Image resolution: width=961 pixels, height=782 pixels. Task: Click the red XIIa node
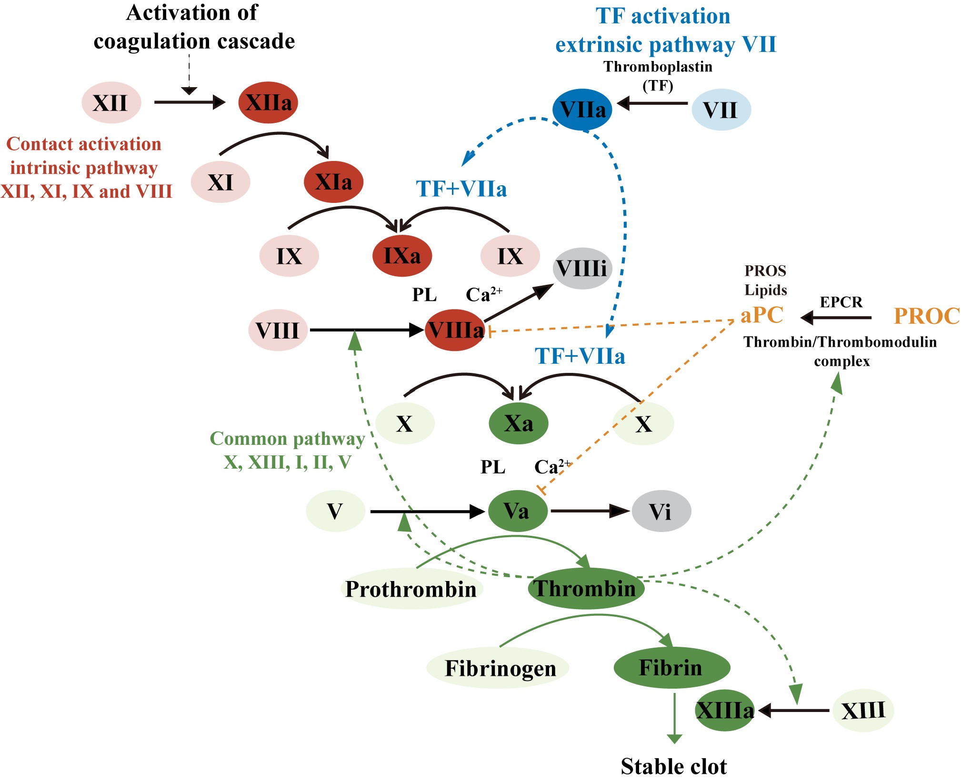268,103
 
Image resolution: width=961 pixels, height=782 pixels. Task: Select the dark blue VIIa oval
582,110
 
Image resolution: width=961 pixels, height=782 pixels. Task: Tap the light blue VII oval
721,110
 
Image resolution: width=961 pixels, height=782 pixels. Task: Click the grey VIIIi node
582,269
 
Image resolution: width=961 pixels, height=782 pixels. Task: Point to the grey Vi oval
661,511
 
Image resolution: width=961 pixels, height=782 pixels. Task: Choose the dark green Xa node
519,423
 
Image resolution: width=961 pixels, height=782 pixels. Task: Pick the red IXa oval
402,256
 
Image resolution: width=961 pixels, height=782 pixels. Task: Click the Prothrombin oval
411,589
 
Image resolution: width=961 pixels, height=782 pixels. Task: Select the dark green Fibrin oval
671,668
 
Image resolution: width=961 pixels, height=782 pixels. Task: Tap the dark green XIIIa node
725,711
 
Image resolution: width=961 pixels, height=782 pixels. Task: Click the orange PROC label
926,316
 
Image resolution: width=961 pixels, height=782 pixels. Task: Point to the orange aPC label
762,315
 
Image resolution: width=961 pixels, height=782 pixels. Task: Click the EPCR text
841,302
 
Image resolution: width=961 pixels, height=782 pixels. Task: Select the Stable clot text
674,767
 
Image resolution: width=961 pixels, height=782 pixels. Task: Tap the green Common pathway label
287,439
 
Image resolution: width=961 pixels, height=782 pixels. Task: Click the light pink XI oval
220,182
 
